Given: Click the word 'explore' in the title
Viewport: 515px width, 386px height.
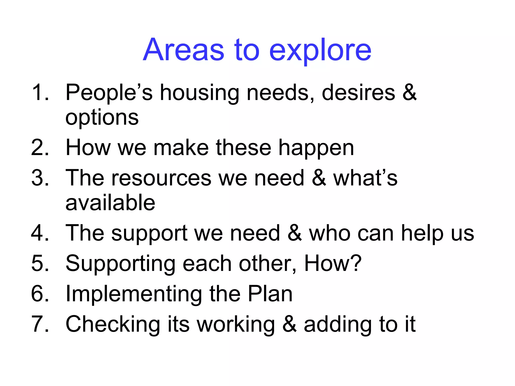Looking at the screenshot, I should tap(320, 50).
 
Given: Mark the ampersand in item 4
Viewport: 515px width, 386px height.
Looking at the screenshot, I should tap(294, 233).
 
